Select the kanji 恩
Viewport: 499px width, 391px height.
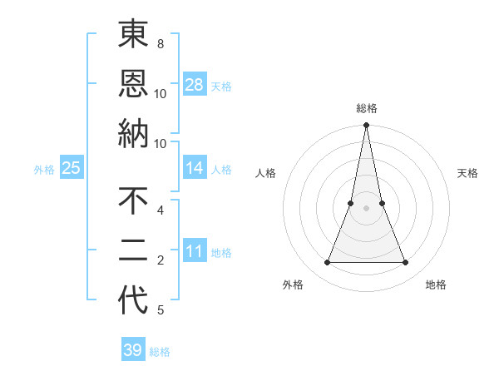(133, 83)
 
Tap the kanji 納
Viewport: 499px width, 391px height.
(133, 133)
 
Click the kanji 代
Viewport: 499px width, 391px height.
(133, 300)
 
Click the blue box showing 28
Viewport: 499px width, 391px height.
(195, 84)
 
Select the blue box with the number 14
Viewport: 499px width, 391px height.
(195, 168)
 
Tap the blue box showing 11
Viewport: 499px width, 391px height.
(195, 251)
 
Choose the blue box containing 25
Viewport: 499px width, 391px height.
(71, 168)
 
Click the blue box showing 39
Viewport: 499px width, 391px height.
(132, 350)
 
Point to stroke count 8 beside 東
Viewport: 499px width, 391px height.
(160, 43)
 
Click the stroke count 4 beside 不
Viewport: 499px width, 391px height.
(160, 210)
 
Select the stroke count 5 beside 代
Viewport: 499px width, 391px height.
(160, 310)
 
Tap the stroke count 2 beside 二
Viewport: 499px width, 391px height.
(160, 260)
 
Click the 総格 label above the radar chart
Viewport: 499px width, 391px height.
(366, 108)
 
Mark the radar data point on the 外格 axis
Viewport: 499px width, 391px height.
(327, 263)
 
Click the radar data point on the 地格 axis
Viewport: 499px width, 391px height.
(406, 263)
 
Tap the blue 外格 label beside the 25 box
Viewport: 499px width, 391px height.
(44, 169)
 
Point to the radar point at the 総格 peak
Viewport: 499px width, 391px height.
(366, 126)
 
